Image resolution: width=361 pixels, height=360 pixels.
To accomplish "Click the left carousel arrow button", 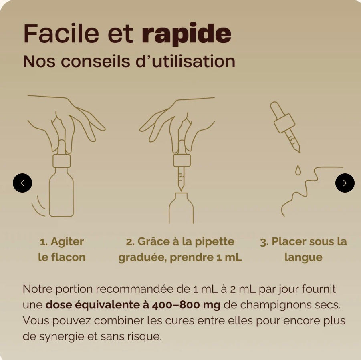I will [22, 183].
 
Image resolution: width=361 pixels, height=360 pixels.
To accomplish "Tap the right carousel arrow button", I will [345, 183].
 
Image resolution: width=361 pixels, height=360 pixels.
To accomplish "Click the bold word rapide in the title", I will [186, 34].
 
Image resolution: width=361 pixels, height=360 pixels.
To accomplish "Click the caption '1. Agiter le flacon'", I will [62, 249].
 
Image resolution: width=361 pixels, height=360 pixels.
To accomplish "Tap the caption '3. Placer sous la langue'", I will [303, 249].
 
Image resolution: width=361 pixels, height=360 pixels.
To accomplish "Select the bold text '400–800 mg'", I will [186, 305].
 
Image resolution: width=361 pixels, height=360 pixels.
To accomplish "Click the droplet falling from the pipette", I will [297, 171].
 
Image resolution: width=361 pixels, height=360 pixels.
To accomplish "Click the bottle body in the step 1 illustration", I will [61, 196].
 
